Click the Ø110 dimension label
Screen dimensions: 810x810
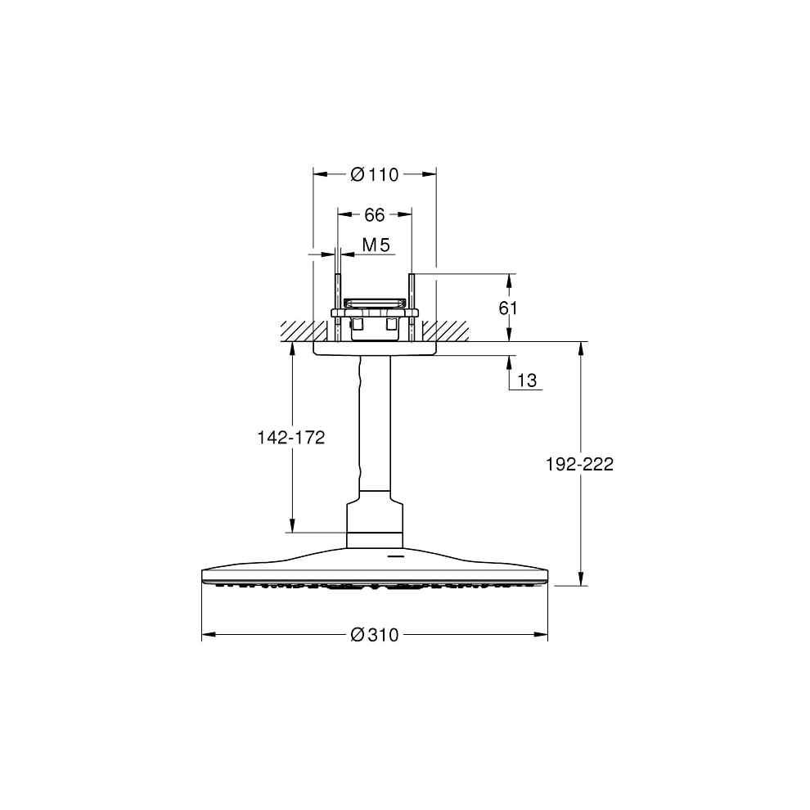click(375, 174)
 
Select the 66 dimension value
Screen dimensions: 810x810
click(375, 214)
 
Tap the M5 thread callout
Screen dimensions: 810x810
click(376, 245)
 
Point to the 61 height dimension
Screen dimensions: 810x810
click(508, 308)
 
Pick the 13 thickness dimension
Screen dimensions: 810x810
click(527, 380)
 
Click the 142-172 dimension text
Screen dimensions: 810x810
click(291, 438)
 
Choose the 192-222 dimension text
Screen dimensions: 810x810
click(579, 464)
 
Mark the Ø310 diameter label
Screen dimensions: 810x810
click(375, 634)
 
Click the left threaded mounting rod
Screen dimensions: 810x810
click(337, 308)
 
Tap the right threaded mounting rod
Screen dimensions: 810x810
click(412, 308)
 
